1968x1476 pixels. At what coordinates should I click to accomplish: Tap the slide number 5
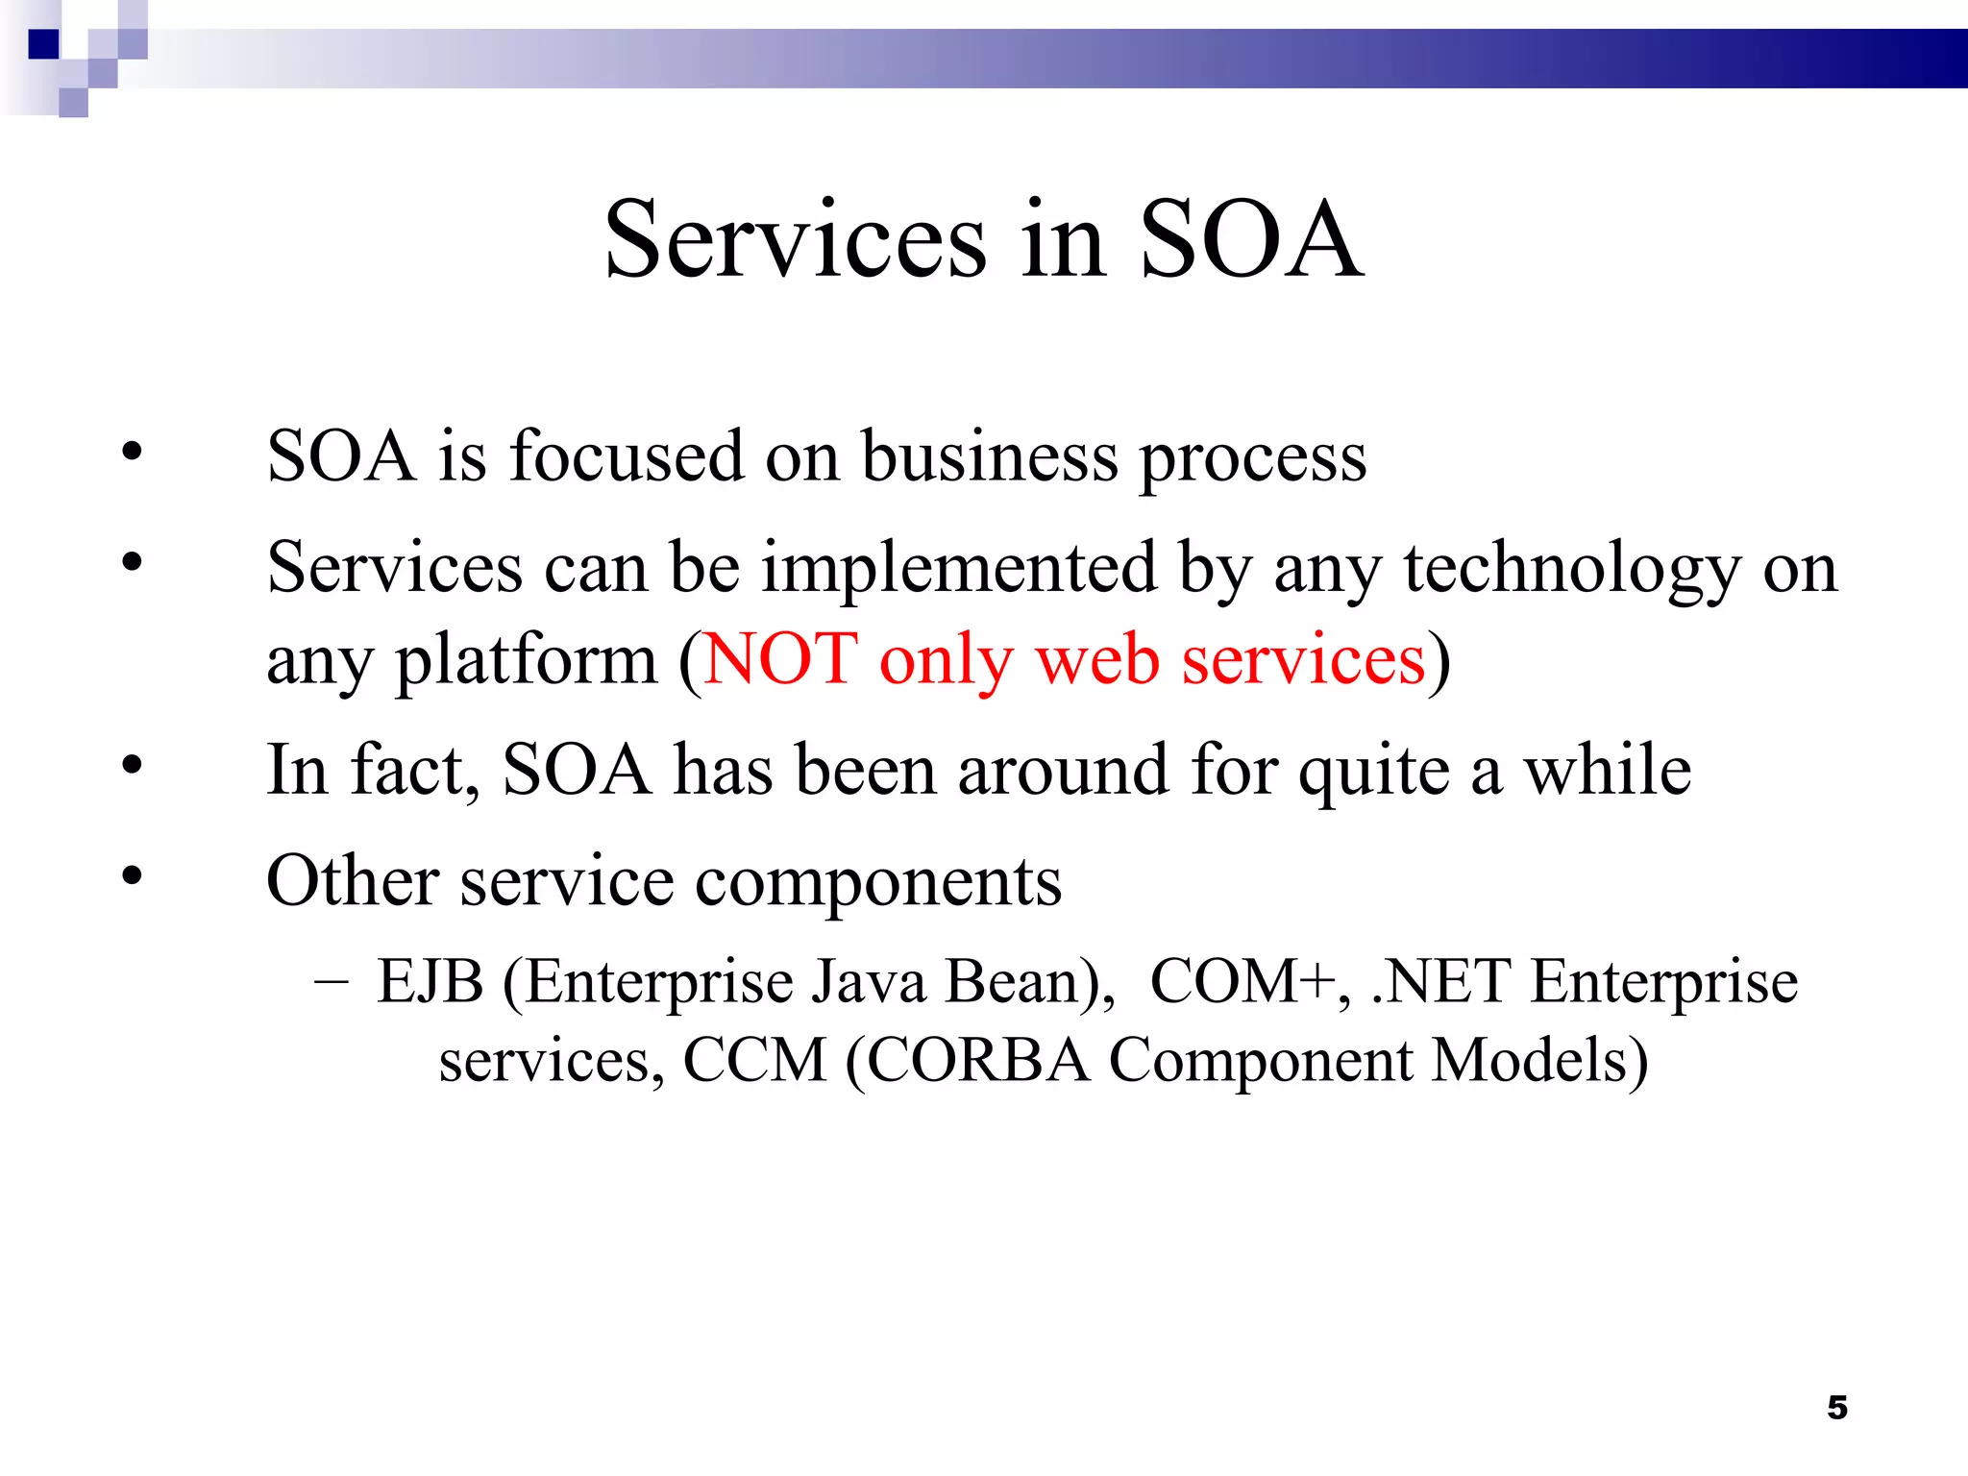pyautogui.click(x=1837, y=1408)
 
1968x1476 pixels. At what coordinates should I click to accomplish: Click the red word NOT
pyautogui.click(x=780, y=659)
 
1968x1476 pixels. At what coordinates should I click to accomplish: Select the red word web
pyautogui.click(x=1097, y=661)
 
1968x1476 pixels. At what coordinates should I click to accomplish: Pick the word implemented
pyautogui.click(x=959, y=567)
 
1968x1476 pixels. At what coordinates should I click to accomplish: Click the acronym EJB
pyautogui.click(x=430, y=982)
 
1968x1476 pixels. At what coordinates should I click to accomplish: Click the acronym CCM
pyautogui.click(x=754, y=1061)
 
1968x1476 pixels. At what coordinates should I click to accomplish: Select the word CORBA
pyautogui.click(x=978, y=1061)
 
